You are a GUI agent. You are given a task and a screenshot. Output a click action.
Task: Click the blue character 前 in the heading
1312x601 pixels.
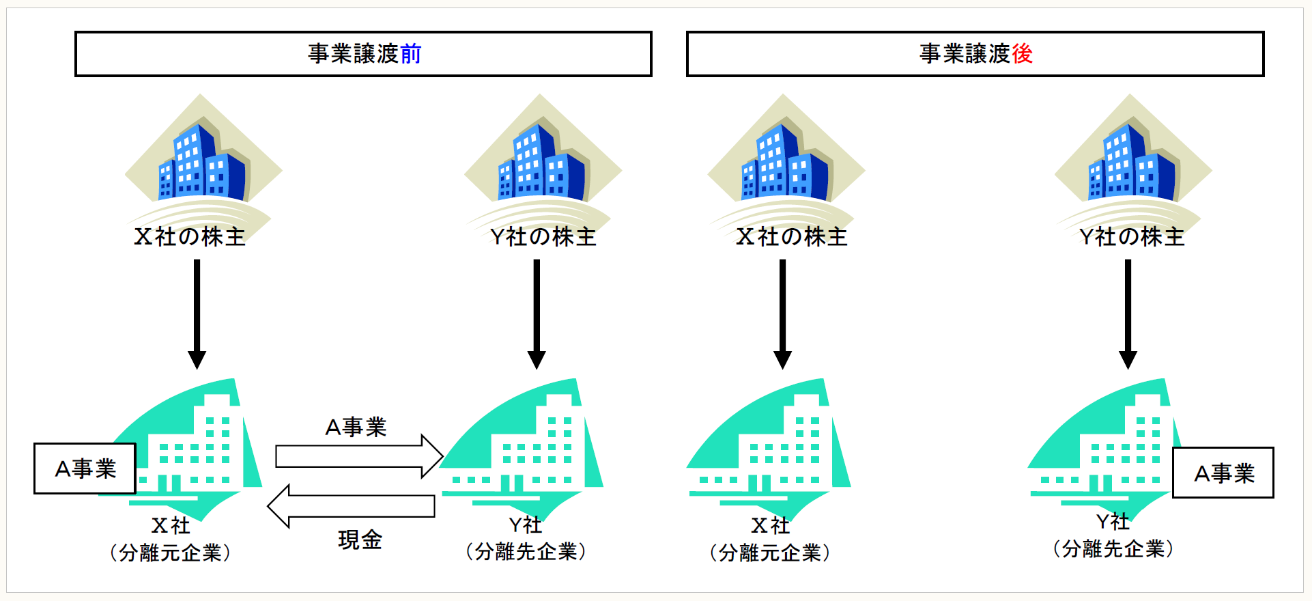(x=411, y=53)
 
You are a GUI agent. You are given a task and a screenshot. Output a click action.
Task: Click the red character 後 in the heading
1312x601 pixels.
(x=1022, y=53)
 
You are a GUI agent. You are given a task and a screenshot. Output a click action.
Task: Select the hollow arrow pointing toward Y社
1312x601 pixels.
(x=359, y=456)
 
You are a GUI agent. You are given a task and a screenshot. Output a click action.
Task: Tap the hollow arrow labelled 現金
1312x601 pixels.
(x=351, y=506)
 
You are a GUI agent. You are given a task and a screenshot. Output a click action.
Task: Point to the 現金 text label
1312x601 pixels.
(x=360, y=540)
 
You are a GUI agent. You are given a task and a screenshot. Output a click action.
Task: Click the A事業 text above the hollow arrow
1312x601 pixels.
(x=356, y=427)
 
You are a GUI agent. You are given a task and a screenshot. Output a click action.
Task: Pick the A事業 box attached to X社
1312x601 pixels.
(x=85, y=469)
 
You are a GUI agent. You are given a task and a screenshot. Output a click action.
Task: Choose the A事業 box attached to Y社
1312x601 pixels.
(x=1223, y=473)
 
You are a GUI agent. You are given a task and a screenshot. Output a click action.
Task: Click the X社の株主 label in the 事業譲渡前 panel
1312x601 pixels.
(x=189, y=236)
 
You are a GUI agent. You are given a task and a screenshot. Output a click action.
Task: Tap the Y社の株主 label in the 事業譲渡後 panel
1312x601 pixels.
(x=1131, y=236)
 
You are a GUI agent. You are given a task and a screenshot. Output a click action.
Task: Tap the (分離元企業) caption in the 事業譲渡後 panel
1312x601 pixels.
(x=770, y=552)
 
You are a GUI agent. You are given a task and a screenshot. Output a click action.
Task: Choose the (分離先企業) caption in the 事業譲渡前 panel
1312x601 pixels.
(x=526, y=551)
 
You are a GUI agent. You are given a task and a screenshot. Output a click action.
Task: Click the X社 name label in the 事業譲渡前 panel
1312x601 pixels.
(x=171, y=525)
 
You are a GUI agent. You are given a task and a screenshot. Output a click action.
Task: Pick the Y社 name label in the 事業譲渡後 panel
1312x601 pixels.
(x=1113, y=522)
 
